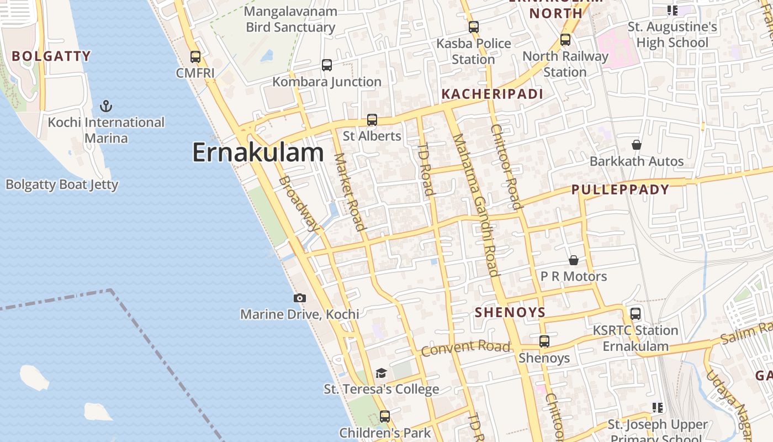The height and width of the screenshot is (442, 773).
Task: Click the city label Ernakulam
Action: coord(258,152)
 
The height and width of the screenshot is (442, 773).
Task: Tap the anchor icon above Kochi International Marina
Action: coord(105,106)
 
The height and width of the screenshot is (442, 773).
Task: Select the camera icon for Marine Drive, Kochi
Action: coord(300,298)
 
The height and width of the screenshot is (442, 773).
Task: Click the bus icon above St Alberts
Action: coord(372,120)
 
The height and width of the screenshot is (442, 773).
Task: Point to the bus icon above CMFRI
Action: coord(195,56)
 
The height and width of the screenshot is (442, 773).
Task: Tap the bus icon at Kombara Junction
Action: coord(327,65)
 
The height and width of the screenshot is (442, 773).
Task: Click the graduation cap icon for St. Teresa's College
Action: coord(381,373)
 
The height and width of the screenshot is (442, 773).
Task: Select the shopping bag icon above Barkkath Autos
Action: coord(637,145)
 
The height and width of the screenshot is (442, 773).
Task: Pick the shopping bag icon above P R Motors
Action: coord(574,260)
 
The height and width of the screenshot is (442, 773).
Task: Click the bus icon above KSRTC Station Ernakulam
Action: coord(636,314)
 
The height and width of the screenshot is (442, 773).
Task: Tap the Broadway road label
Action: coord(299,203)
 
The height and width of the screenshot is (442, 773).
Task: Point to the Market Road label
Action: coord(350,191)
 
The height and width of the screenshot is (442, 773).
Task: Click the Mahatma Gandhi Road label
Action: coord(476,204)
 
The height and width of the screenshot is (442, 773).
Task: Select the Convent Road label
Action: coord(465,348)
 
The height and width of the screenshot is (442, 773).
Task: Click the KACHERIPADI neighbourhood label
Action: coord(493,94)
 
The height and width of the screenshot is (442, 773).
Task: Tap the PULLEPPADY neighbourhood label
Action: coord(620,190)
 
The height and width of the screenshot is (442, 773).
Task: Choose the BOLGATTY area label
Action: coord(51,56)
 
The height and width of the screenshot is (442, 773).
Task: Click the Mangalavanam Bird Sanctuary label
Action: coord(290,19)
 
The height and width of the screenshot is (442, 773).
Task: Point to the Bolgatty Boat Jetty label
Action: coord(62,185)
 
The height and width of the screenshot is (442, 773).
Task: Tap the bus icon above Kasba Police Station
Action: coord(473,27)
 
